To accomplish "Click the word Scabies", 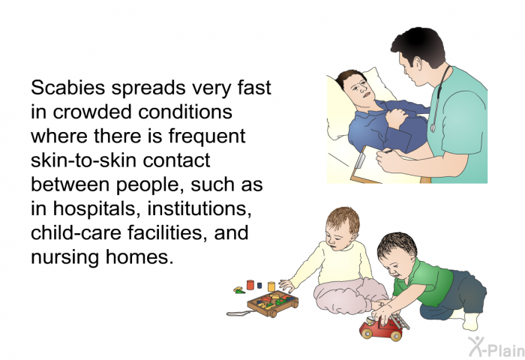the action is (x=68, y=88).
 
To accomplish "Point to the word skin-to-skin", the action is (x=84, y=160).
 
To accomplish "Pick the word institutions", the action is (x=199, y=208).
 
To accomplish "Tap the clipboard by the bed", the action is (x=365, y=166).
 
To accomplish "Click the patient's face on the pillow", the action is (x=359, y=88).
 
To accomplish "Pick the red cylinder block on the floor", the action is (x=250, y=285).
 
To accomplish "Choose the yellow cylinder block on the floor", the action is (x=271, y=286).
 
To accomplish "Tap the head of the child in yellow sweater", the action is (x=341, y=229).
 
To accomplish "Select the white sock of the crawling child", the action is (x=472, y=322).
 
